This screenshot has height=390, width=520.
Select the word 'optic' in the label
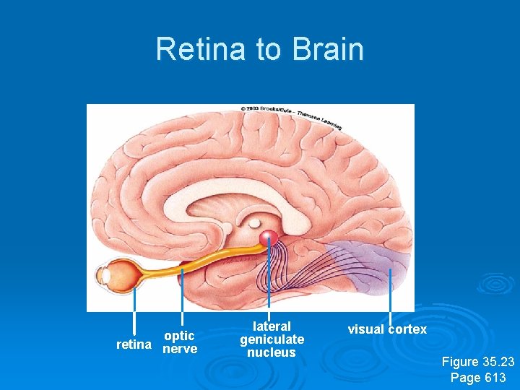coord(179,336)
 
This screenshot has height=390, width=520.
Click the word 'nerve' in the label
coord(180,350)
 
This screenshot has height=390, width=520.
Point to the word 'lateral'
coord(272,326)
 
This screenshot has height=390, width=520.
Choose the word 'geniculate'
coord(272,339)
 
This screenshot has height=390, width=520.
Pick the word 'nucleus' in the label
coord(272,352)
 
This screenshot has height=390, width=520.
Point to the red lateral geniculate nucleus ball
coord(269,237)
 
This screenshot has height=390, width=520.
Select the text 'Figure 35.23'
coord(478,362)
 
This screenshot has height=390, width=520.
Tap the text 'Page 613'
coord(478,377)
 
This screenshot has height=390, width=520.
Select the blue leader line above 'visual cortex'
coord(390,296)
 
